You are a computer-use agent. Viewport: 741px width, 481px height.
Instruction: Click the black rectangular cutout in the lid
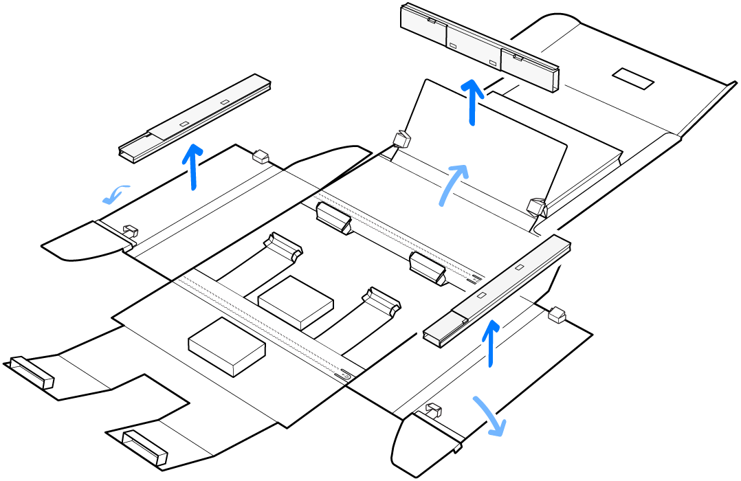(x=633, y=78)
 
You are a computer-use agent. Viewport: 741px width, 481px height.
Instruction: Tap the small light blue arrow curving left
(x=115, y=194)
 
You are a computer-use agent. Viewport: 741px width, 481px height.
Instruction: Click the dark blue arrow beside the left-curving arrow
(x=194, y=165)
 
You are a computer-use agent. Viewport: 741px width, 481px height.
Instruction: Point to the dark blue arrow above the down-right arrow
(x=490, y=343)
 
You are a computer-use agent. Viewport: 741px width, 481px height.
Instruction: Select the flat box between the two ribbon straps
(x=296, y=302)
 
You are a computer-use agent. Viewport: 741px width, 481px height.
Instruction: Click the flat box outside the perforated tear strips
(x=226, y=346)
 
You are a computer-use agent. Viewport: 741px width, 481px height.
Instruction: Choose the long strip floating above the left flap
(x=195, y=118)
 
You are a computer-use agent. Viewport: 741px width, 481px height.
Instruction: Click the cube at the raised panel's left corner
(x=401, y=140)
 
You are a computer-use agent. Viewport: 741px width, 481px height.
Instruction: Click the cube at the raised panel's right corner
(x=536, y=206)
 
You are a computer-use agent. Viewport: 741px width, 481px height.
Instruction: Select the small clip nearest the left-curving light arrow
(x=130, y=231)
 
